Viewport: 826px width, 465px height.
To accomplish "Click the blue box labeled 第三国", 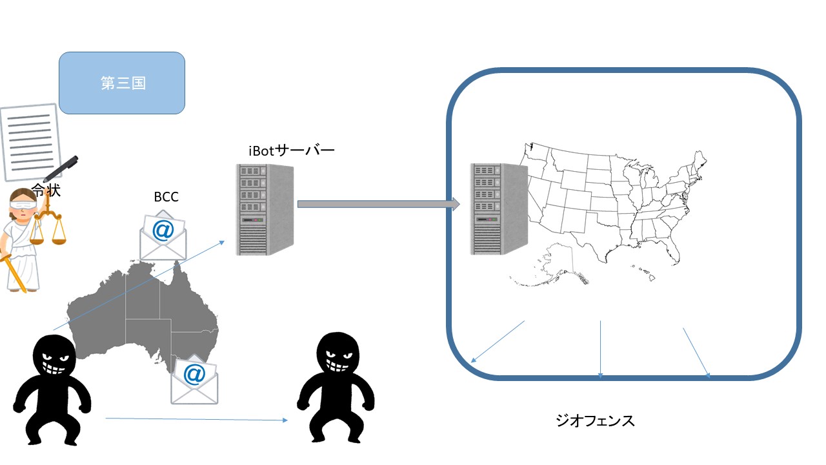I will (122, 83).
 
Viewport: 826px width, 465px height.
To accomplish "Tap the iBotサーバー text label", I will (292, 150).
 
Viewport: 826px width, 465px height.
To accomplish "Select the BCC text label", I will (166, 198).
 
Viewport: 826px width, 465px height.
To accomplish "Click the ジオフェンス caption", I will (595, 421).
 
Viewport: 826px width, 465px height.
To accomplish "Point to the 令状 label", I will (46, 190).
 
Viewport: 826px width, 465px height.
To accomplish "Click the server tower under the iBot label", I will (265, 209).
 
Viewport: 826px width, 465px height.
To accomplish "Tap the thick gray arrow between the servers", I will (378, 205).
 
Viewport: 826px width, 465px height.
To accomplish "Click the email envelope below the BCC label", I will (163, 235).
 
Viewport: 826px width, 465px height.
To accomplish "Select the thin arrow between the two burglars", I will (196, 420).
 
